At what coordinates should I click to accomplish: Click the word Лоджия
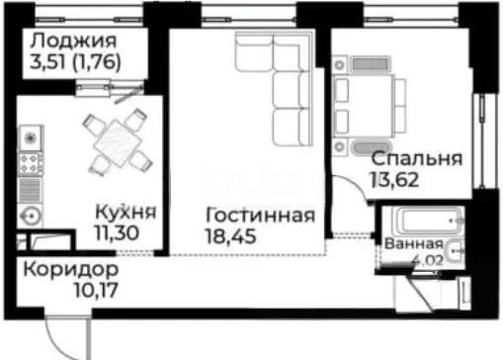(x=72, y=42)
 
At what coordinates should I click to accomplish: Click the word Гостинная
(x=261, y=216)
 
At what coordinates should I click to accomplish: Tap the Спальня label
(x=417, y=160)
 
